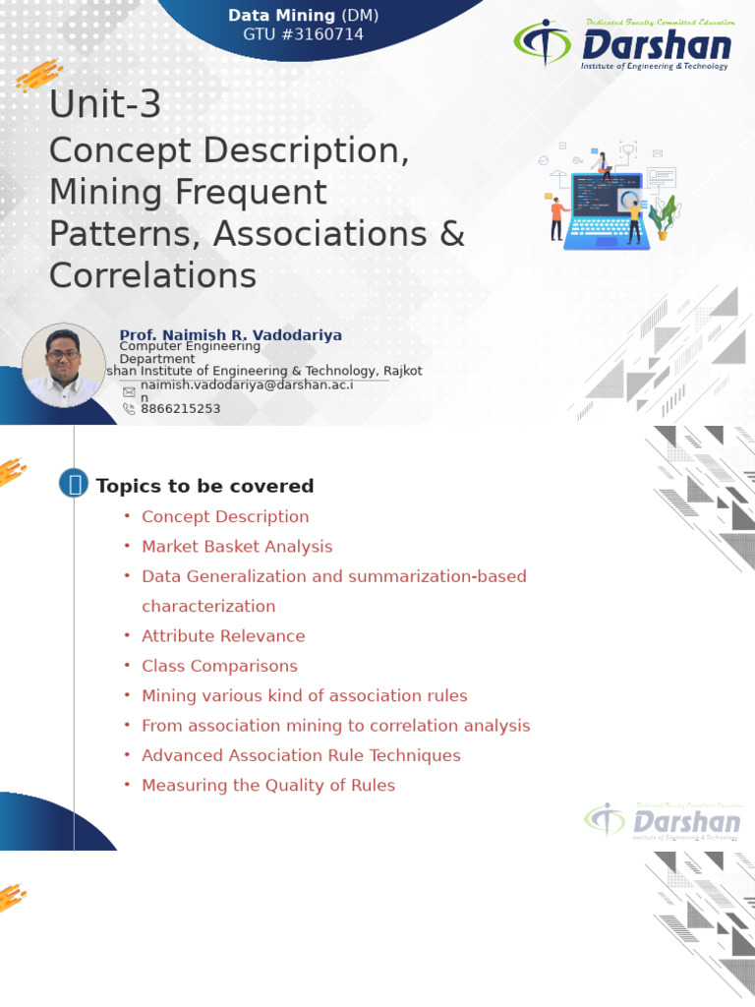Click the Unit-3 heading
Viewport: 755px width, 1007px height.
coord(105,105)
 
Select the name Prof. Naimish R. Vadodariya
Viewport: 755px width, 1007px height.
coord(231,335)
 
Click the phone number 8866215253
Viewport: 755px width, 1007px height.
coord(181,409)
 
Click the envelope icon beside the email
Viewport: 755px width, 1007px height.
coord(129,391)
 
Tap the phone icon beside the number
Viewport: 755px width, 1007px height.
coord(129,409)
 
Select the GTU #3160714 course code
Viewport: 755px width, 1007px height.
coord(303,34)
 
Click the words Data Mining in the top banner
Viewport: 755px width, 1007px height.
coord(281,16)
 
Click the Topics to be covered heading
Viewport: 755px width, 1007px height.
coord(204,486)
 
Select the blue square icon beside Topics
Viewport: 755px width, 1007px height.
coord(74,484)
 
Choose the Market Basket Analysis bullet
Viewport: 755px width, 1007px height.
coord(237,547)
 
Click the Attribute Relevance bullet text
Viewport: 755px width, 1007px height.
coord(223,636)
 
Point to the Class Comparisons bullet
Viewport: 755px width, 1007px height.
coord(219,666)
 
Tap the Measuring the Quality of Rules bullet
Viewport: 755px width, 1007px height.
coord(268,786)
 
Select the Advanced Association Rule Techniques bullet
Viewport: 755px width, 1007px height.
coord(301,755)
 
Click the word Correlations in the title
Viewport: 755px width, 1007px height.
coord(152,275)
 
